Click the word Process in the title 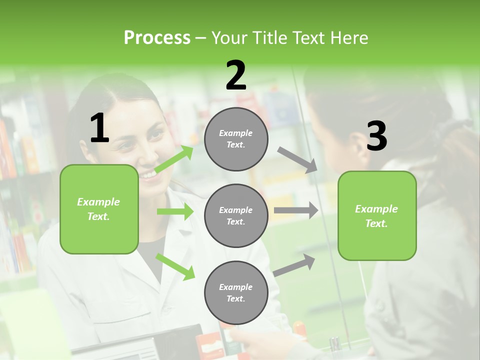[157, 37]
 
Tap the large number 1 [99, 128]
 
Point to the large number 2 [236, 75]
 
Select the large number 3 [376, 136]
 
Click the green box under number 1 [99, 209]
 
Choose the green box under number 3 [377, 216]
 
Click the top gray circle [236, 139]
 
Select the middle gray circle [236, 216]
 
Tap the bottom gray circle [236, 292]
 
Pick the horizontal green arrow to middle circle [175, 211]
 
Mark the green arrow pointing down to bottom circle [175, 266]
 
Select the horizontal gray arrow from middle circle [295, 210]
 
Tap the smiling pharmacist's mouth [148, 174]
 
